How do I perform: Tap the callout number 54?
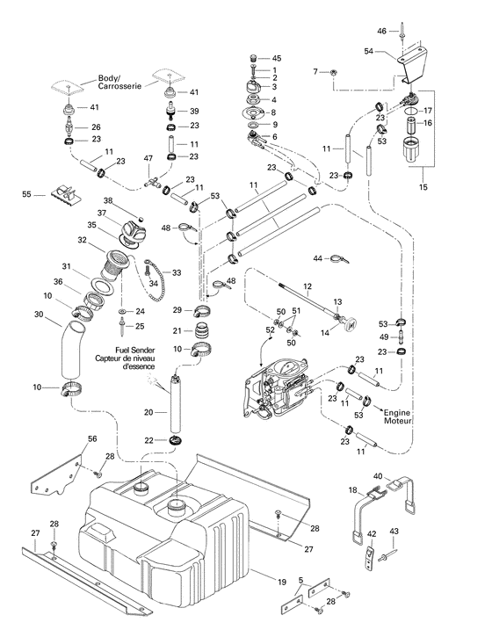pyautogui.click(x=369, y=54)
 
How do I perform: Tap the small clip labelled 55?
pyautogui.click(x=71, y=194)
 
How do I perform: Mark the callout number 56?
pyautogui.click(x=92, y=438)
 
